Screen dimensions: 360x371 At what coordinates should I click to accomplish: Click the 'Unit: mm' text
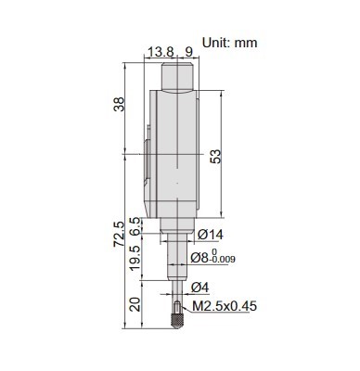pos(229,43)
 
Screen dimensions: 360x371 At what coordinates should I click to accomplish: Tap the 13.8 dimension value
pos(161,52)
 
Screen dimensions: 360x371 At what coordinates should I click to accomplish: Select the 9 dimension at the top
pos(188,52)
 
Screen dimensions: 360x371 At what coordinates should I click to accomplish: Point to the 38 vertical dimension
pos(119,104)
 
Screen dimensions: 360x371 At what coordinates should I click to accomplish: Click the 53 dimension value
pos(215,157)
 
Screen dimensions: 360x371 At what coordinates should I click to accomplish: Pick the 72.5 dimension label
pos(119,234)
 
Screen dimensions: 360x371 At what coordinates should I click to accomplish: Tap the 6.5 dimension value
pos(135,226)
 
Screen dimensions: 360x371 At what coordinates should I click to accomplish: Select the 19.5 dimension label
pos(135,259)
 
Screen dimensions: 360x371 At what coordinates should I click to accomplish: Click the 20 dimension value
pos(135,304)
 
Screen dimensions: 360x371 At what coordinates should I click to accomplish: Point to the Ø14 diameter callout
pos(210,235)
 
